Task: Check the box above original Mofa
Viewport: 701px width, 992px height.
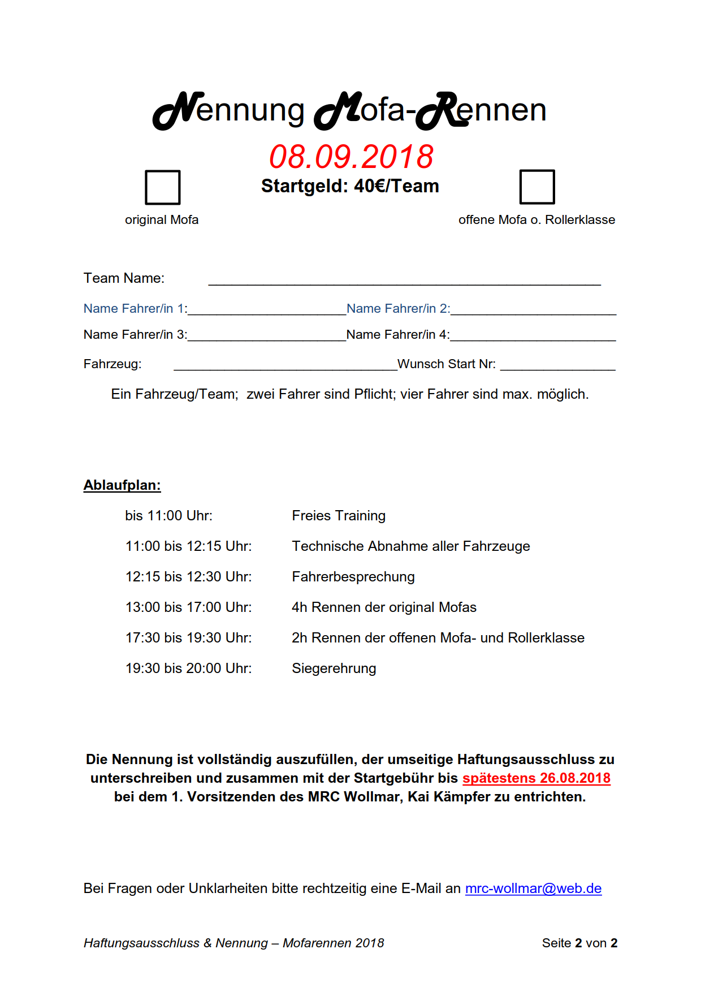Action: (x=163, y=187)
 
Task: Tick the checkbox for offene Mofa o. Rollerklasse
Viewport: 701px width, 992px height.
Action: (x=537, y=187)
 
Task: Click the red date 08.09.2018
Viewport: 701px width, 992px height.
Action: (x=351, y=157)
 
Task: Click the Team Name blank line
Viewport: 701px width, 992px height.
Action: (x=404, y=279)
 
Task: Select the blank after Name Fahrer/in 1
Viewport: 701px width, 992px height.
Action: (x=267, y=309)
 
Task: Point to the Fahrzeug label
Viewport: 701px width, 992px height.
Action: (x=112, y=364)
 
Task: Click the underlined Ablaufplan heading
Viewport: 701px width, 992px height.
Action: (x=122, y=485)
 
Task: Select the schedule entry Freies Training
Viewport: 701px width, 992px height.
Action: (x=339, y=515)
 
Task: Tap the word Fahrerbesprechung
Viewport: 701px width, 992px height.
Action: (x=353, y=576)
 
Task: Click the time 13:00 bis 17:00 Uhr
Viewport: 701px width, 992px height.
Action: (x=189, y=607)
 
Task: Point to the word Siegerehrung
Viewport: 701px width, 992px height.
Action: (x=334, y=668)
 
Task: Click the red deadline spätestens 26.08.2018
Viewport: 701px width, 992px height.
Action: (x=536, y=778)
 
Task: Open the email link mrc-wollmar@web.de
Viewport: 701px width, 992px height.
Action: (x=533, y=888)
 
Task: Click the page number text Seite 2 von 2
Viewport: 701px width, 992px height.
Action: (x=579, y=943)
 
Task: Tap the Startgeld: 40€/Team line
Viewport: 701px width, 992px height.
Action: (x=350, y=186)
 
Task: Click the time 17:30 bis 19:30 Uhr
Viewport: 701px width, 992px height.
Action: (x=189, y=637)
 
